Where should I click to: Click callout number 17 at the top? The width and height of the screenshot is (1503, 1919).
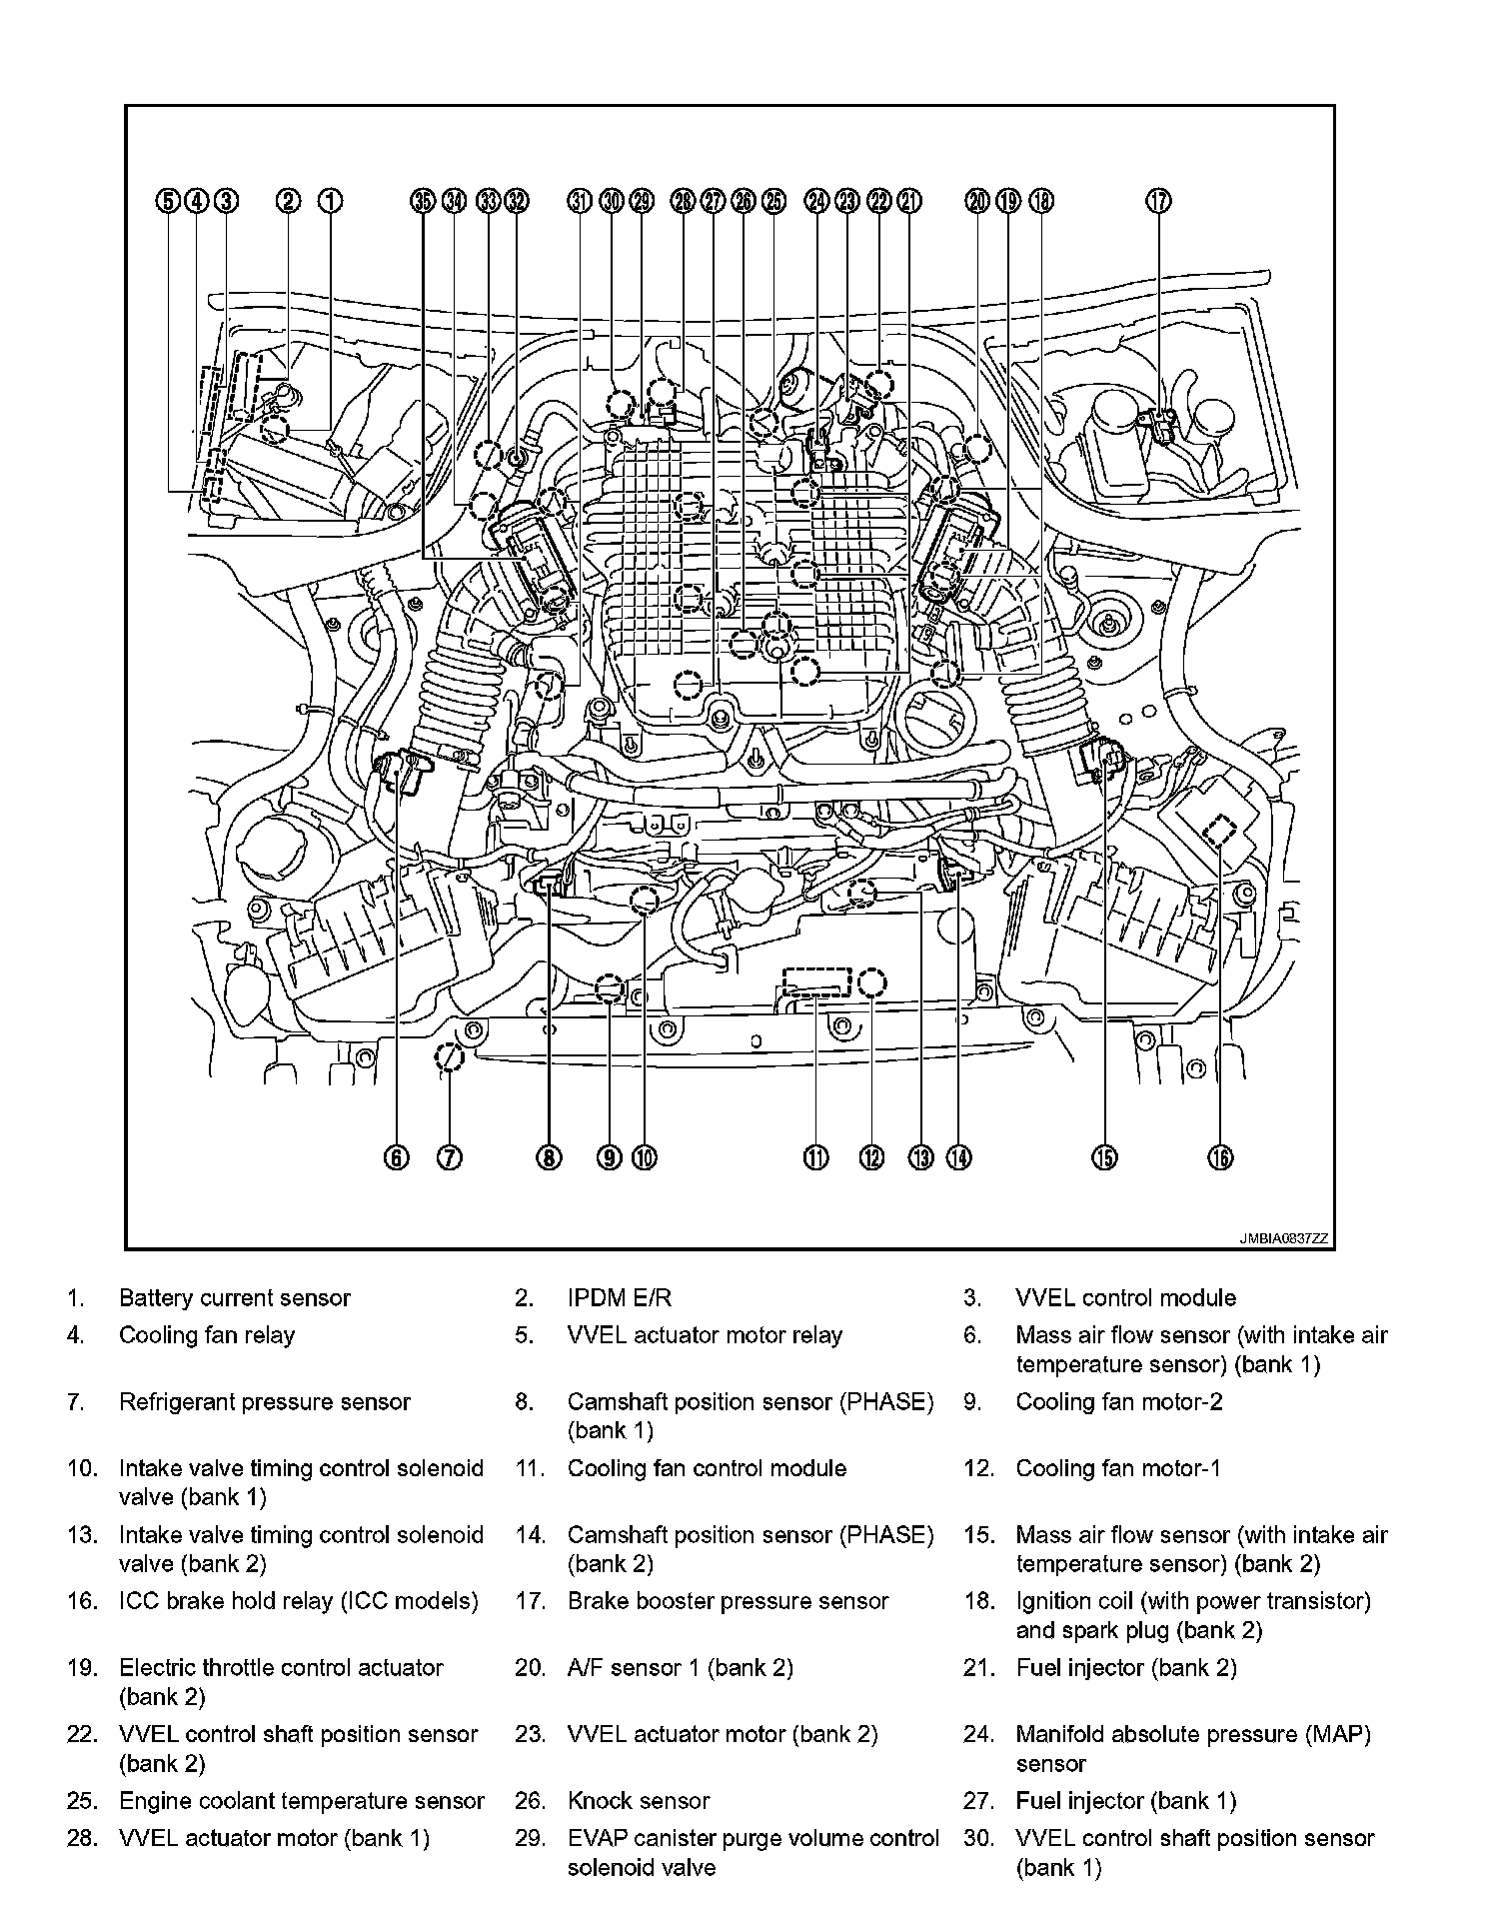tap(1158, 201)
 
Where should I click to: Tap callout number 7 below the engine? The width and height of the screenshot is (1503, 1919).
tap(450, 1157)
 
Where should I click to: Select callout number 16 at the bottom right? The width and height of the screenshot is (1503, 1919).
tap(1220, 1157)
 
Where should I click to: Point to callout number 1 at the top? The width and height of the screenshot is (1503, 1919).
tap(331, 201)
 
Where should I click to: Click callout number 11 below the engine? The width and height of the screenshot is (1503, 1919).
tap(816, 1157)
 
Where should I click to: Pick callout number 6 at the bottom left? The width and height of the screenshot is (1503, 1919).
tap(396, 1157)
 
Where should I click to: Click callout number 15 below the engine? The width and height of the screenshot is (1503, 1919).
tap(1104, 1157)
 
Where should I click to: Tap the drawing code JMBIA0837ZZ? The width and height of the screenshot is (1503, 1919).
tap(1284, 1238)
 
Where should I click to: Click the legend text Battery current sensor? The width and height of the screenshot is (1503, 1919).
tap(235, 1298)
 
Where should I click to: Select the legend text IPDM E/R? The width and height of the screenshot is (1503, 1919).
tap(620, 1298)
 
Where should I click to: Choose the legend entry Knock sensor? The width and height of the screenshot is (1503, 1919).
tap(639, 1801)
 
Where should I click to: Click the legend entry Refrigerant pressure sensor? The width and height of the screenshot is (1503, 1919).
tap(265, 1402)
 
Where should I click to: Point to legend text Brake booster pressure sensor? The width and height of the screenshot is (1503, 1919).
tap(728, 1601)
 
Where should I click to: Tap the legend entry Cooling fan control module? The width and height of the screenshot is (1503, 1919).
tap(707, 1468)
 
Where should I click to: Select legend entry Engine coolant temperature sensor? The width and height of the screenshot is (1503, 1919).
tap(302, 1801)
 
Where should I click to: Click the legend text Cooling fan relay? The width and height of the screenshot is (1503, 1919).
tap(207, 1335)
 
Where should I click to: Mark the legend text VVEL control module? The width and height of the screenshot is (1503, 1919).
tap(1126, 1298)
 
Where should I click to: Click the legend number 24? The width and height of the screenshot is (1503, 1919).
tap(976, 1735)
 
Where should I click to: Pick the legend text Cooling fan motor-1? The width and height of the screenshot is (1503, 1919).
tap(1118, 1468)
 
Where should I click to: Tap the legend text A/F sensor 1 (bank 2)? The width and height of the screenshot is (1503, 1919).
tap(681, 1668)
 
